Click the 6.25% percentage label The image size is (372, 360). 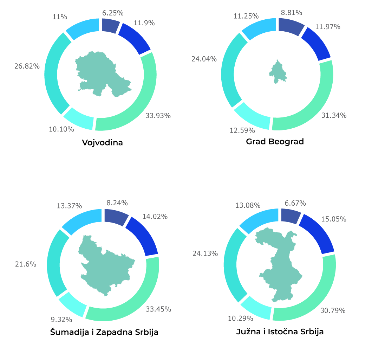pos(113,13)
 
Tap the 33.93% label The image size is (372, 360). pos(158,116)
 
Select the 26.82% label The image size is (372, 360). pos(27,66)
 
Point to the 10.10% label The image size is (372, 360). pos(61,129)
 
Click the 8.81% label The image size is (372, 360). pos(292,13)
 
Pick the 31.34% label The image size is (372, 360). pos(334,115)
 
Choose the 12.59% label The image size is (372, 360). pos(242,130)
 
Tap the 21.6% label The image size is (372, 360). pos(26,264)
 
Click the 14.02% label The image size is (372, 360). pos(155,217)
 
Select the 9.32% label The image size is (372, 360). pos(61,320)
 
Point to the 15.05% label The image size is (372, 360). pos(334,219)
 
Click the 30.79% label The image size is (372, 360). pos(333,310)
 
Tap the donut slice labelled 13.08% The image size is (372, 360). pos(258,221)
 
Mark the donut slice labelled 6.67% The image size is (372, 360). pos(290,215)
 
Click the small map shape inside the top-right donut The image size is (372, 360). pos(278,72)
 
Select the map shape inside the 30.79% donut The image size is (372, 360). pos(281,267)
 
